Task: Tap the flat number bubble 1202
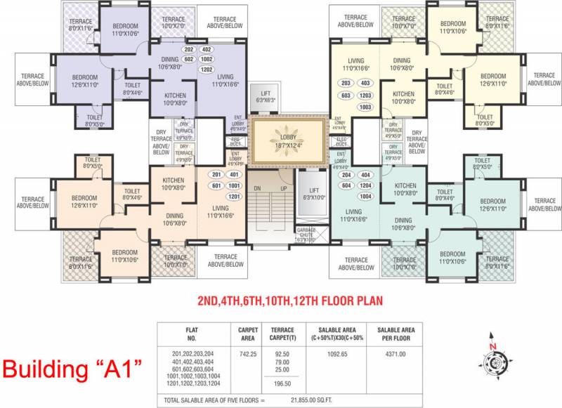pos(207,70)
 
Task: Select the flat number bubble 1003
pos(365,107)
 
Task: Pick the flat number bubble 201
pos(216,175)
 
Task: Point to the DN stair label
pos(257,189)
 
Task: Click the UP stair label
pos(283,189)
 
